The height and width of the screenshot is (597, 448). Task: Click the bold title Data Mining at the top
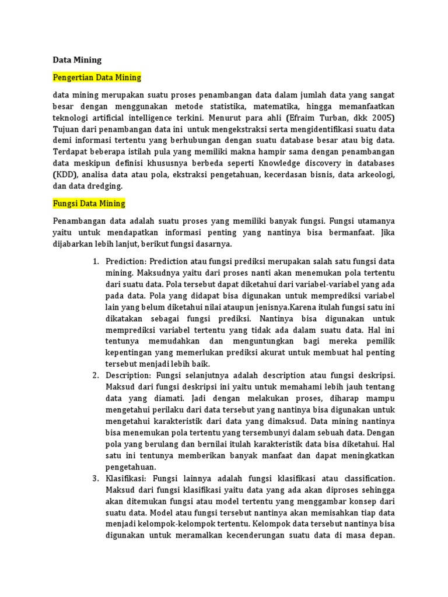click(77, 59)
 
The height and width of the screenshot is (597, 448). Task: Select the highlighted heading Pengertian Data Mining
click(97, 78)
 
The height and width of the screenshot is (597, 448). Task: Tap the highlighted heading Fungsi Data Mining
click(89, 203)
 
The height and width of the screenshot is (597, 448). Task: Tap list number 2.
click(96, 374)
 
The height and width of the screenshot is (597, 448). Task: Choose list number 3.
click(96, 478)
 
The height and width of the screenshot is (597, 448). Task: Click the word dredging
click(104, 186)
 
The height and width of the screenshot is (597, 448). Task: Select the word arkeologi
click(376, 174)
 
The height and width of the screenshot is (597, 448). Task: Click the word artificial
click(113, 118)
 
